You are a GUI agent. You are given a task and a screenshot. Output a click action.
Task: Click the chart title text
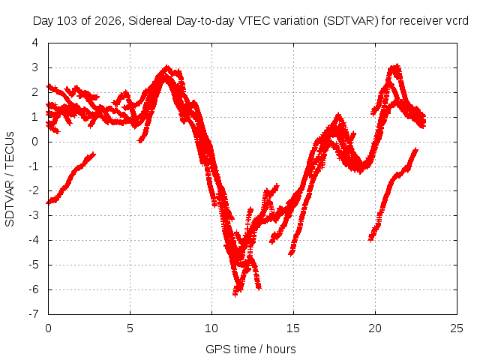point(250,21)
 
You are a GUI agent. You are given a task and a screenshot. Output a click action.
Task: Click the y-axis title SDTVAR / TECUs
point(10,179)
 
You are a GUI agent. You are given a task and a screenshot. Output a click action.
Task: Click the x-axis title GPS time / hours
point(250,349)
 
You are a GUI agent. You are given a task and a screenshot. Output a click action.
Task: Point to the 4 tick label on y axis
point(35,43)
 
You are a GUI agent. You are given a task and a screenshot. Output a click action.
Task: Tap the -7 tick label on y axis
point(34,314)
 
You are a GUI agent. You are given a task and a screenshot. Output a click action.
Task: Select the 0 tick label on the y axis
point(35,142)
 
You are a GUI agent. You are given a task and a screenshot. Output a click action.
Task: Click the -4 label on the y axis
point(34,240)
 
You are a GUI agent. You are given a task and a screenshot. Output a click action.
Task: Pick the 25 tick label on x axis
point(457,328)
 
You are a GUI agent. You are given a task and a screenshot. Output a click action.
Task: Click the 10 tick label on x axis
point(211,328)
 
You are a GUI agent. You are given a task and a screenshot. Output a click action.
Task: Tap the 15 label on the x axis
point(293,328)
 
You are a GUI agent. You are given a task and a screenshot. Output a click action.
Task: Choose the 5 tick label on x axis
point(130,328)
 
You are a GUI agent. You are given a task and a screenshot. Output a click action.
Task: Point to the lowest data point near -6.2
point(235,294)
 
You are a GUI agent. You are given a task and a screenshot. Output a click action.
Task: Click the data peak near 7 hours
point(166,68)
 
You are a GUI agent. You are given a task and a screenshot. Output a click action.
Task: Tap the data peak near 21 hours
point(397,67)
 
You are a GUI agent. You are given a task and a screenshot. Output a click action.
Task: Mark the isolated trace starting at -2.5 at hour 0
point(71,177)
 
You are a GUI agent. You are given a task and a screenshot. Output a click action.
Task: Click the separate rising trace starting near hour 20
point(393,195)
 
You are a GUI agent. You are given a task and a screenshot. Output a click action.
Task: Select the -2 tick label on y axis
point(34,190)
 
